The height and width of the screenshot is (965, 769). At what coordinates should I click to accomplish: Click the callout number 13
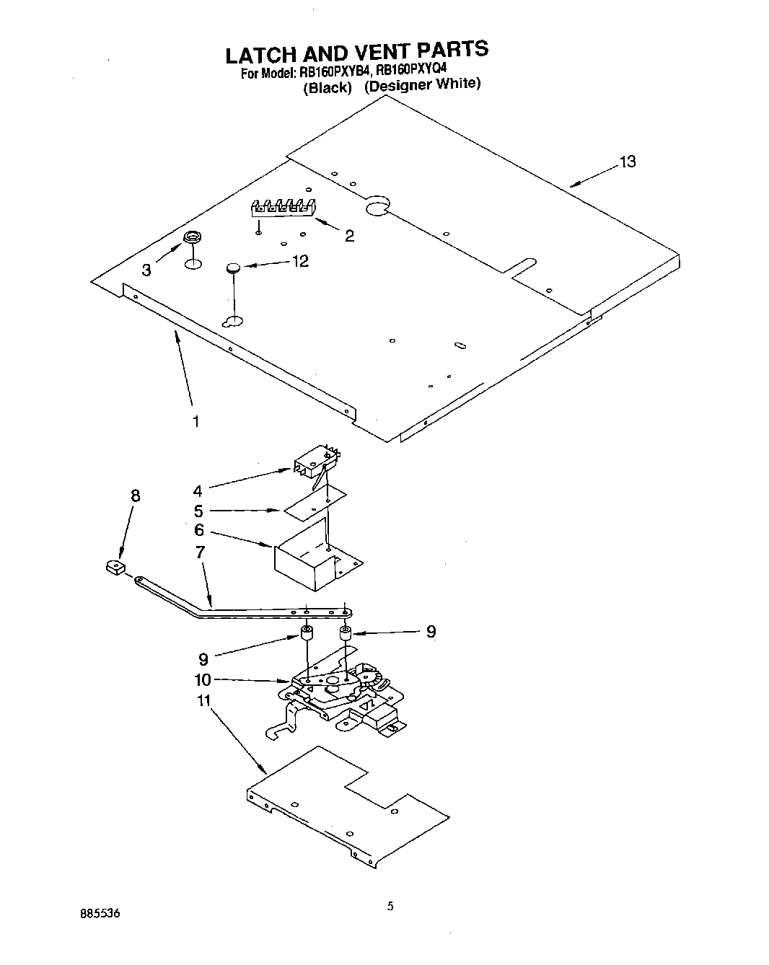pos(628,162)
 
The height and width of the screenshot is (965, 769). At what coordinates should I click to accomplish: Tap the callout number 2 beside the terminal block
pos(349,236)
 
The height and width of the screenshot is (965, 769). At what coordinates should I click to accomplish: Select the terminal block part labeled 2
pos(283,206)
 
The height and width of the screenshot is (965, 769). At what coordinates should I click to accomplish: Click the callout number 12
pos(299,261)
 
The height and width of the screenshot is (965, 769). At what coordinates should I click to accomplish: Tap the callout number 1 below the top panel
pos(195,421)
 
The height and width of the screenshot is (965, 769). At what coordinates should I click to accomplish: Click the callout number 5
pos(198,511)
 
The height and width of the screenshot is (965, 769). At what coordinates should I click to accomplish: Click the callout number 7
pos(200,552)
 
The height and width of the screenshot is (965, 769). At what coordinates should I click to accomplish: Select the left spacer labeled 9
pos(307,635)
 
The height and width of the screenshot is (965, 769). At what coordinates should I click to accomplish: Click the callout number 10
pos(202,679)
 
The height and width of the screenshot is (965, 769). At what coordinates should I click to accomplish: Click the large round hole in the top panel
pos(377,208)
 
